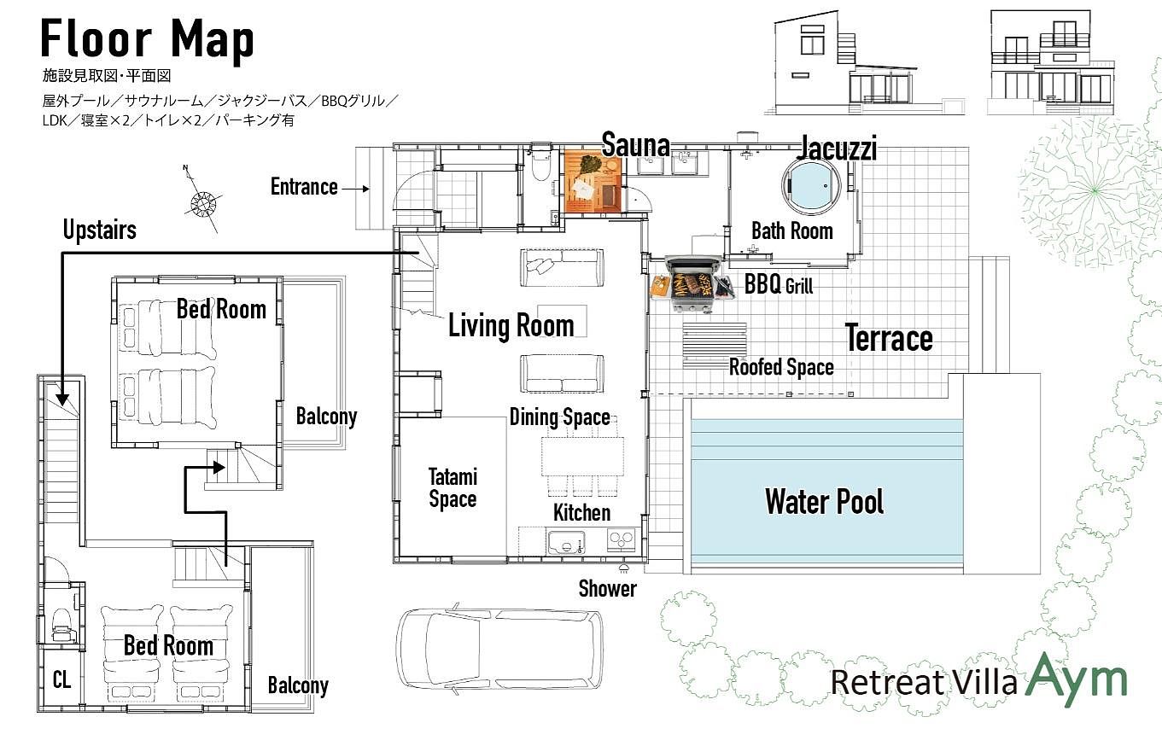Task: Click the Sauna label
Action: click(x=635, y=144)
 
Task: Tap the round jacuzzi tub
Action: click(x=811, y=185)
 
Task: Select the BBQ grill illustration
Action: click(x=693, y=283)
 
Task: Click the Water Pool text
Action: click(x=824, y=501)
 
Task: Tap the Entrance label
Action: click(x=304, y=187)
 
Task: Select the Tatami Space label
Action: click(x=453, y=487)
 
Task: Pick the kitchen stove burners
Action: click(x=621, y=539)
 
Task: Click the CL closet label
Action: click(x=61, y=679)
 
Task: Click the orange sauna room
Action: click(x=593, y=182)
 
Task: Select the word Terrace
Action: click(x=889, y=338)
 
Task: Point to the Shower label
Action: click(x=607, y=589)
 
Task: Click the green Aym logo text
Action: click(x=1077, y=678)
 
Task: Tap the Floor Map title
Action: click(x=148, y=39)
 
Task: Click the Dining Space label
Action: click(x=560, y=417)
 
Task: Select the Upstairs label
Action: click(x=100, y=230)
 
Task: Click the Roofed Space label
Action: click(x=782, y=367)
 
